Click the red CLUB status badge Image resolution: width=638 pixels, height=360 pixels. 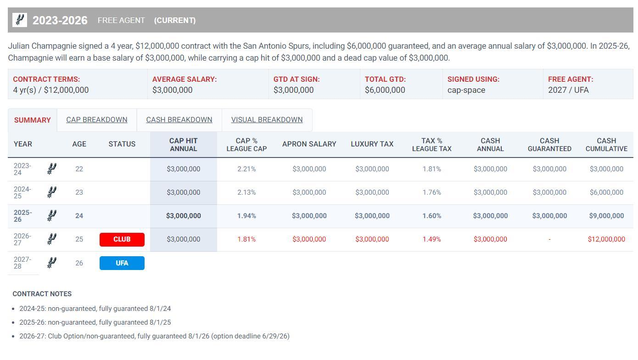122,239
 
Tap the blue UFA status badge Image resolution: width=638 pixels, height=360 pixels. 122,263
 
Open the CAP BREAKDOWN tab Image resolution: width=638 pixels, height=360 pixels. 96,120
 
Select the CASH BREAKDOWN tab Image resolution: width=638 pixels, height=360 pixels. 179,120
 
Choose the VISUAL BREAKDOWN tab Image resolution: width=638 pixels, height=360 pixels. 267,120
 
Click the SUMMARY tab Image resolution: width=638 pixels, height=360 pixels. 32,120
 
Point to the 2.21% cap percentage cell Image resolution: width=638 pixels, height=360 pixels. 246,169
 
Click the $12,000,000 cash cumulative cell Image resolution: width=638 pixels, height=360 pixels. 606,239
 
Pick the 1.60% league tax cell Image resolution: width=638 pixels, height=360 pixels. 431,216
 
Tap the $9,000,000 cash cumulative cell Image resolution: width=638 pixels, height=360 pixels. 606,216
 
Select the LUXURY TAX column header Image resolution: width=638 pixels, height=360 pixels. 372,144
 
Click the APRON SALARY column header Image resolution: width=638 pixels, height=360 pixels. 309,144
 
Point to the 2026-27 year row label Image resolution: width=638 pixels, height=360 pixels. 22,239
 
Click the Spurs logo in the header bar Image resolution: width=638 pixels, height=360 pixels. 19,20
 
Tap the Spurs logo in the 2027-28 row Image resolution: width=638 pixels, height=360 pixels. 52,263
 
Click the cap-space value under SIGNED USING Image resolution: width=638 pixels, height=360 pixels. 466,90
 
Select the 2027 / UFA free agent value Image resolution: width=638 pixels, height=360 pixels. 568,90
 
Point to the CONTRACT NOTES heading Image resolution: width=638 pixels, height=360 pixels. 42,294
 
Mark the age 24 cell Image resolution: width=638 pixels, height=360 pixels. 79,216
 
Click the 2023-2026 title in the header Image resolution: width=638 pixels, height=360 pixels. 60,21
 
